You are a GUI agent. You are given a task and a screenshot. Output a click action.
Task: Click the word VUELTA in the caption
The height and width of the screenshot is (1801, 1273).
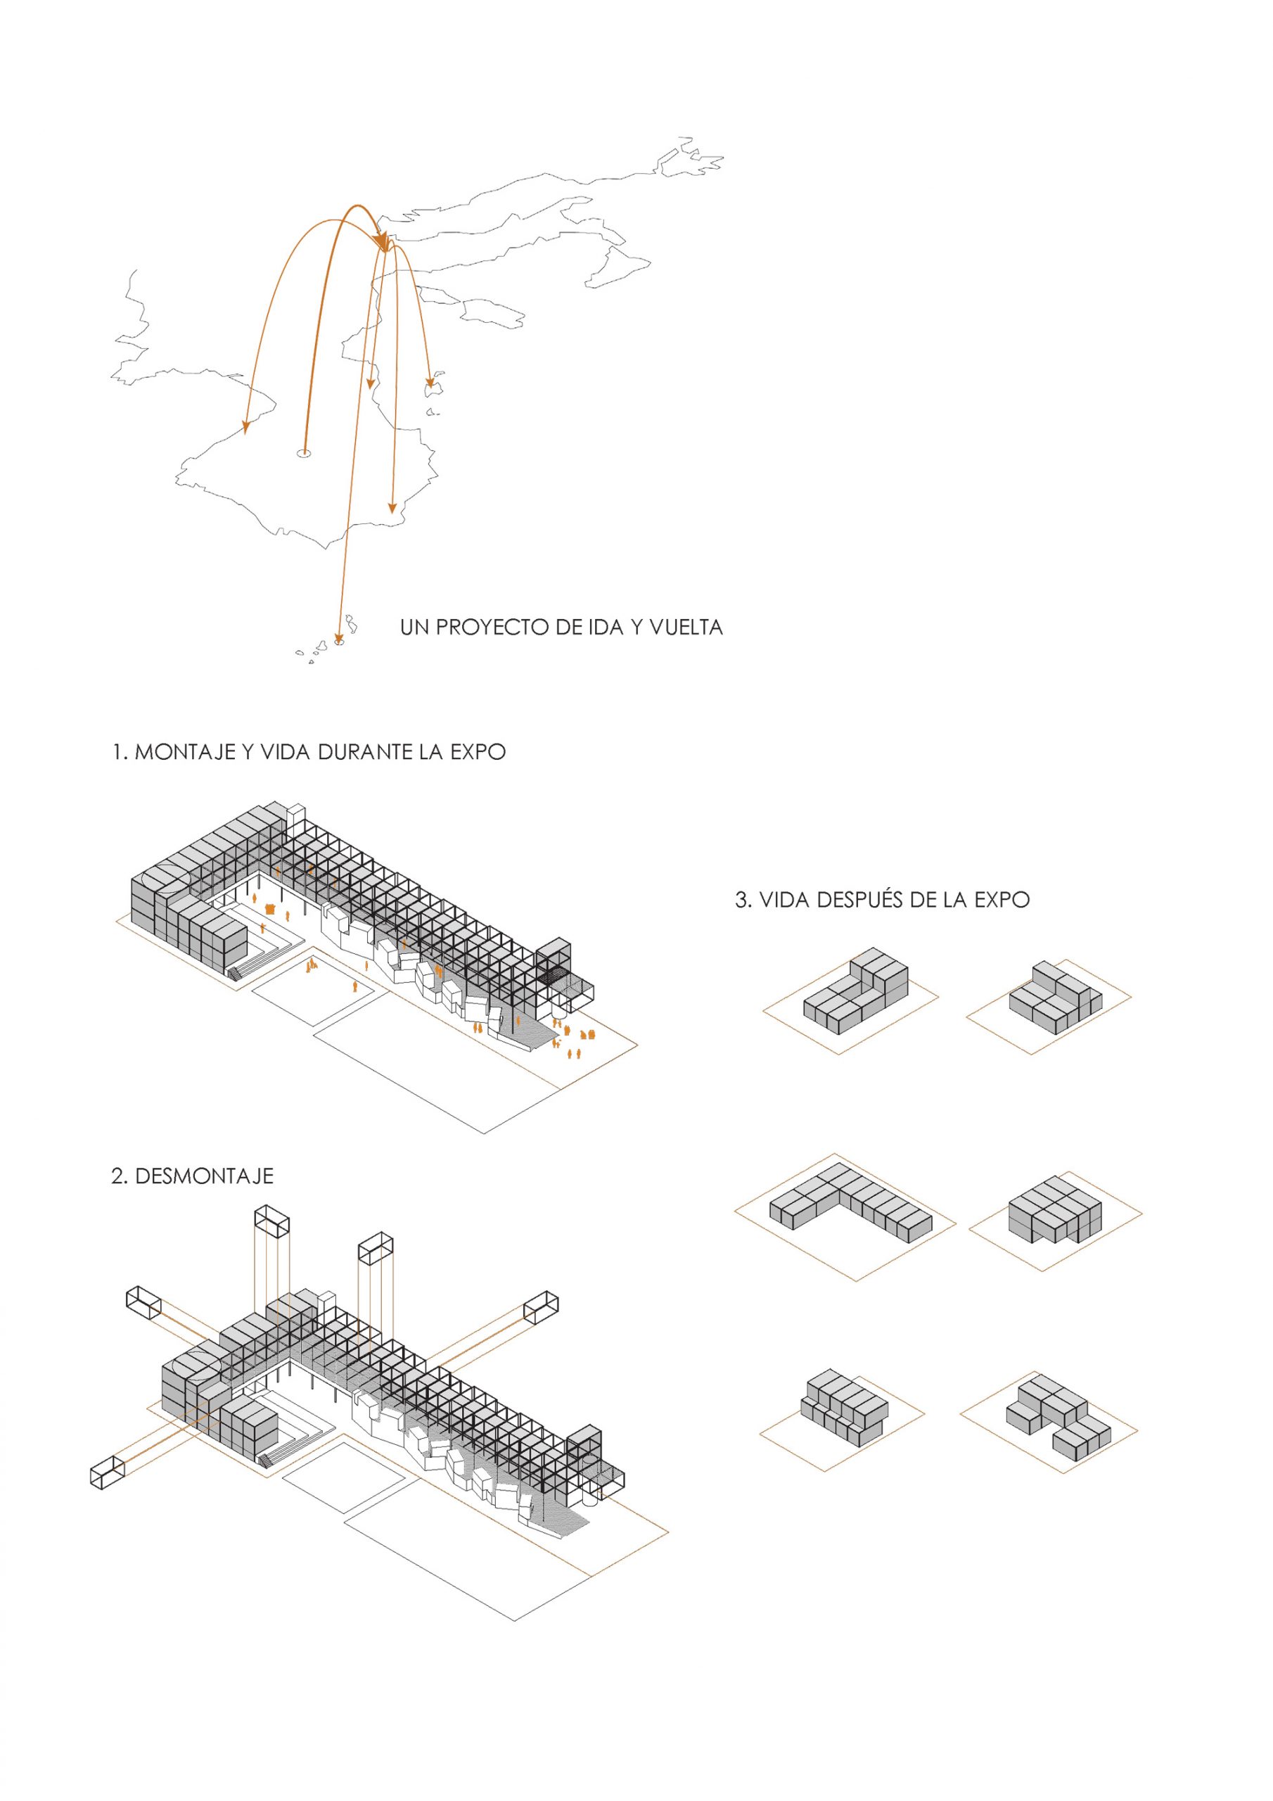(686, 628)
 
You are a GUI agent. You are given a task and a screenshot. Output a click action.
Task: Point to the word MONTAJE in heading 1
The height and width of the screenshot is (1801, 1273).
(185, 752)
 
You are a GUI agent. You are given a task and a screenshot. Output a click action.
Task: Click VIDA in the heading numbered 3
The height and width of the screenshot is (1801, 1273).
(786, 900)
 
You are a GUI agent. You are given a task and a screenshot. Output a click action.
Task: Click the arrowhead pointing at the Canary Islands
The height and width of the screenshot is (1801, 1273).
(338, 637)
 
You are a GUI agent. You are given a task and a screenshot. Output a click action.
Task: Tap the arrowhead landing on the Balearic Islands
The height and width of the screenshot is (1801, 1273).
(429, 382)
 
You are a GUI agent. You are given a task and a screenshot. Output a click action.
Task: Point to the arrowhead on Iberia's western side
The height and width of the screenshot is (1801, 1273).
(245, 428)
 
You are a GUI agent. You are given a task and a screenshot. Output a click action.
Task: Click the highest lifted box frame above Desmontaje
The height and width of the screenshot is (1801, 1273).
(272, 1222)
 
